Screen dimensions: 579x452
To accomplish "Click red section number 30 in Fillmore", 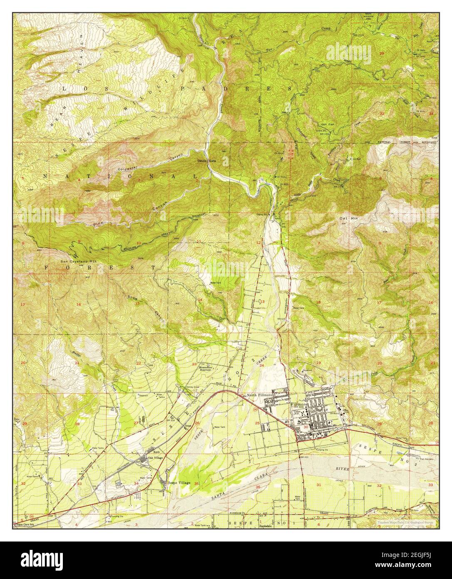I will click(306, 427).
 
